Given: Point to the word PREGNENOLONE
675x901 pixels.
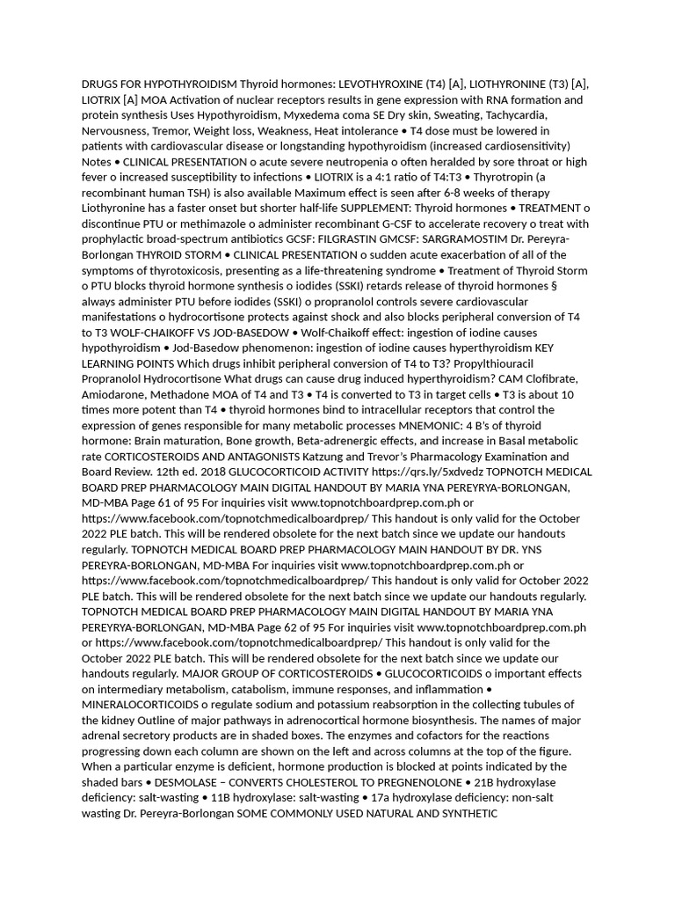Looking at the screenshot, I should pyautogui.click(x=410, y=782).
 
